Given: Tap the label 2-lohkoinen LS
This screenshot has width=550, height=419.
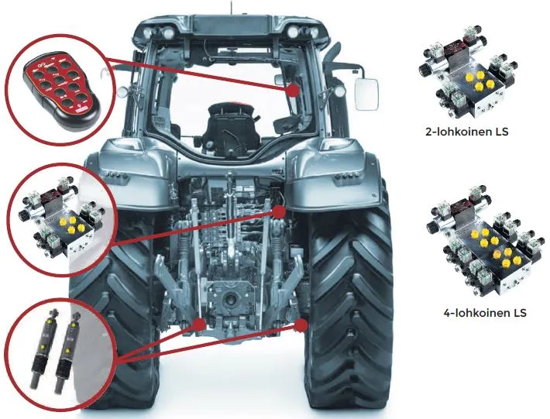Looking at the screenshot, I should click(473, 132).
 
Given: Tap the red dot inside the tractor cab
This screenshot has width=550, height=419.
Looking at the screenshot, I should click(293, 91).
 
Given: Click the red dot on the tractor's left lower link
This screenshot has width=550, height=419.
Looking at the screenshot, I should click(199, 324).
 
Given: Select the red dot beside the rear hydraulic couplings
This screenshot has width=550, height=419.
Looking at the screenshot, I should click(277, 210).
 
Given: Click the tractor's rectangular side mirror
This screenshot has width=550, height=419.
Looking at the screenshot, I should click(366, 93).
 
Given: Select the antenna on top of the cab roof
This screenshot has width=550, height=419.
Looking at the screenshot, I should click(229, 8).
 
